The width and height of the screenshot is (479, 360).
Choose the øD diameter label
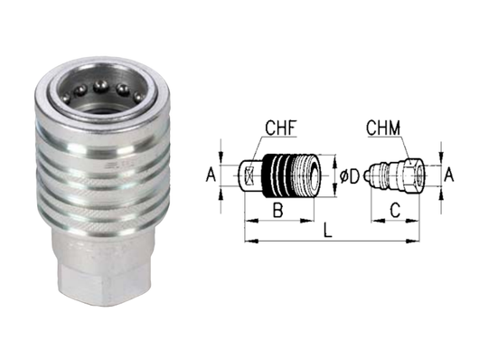pyautogui.click(x=351, y=172)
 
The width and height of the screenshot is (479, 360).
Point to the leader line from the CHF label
pyautogui.click(x=272, y=146)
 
